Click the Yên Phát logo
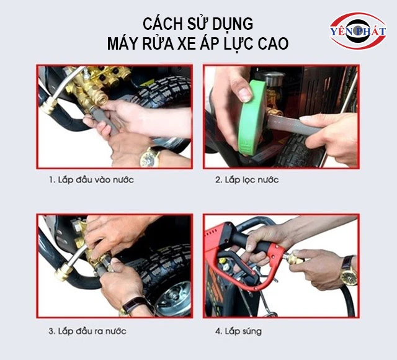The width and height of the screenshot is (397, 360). click(x=357, y=30)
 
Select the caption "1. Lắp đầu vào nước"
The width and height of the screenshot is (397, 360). click(x=91, y=180)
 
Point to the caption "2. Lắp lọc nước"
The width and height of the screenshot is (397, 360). click(x=247, y=180)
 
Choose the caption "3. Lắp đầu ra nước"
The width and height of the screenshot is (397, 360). click(x=87, y=331)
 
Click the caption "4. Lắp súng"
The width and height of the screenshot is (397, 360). click(x=238, y=331)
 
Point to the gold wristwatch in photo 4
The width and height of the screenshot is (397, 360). click(x=349, y=272)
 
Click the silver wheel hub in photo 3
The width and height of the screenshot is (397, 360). click(x=174, y=299)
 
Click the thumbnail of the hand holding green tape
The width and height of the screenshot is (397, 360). click(x=281, y=116)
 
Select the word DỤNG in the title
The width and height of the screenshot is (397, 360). click(x=233, y=24)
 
